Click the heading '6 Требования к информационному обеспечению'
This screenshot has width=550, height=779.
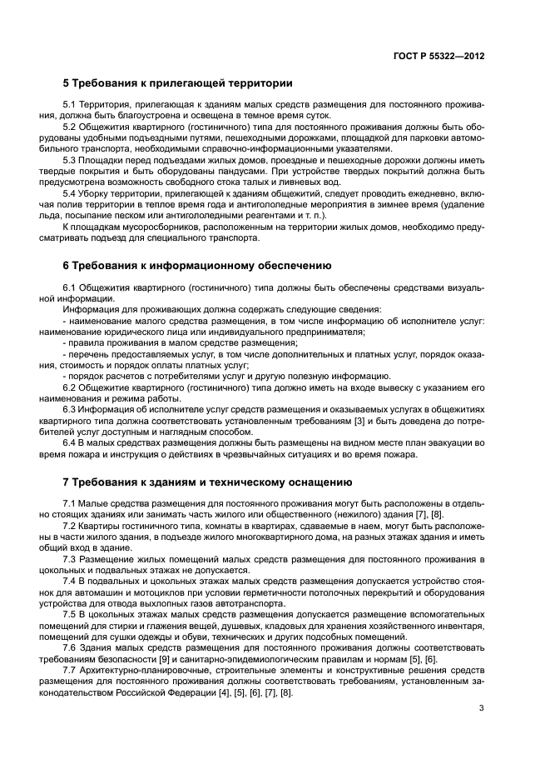click(x=198, y=266)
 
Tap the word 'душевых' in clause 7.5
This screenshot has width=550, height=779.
click(x=265, y=624)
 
